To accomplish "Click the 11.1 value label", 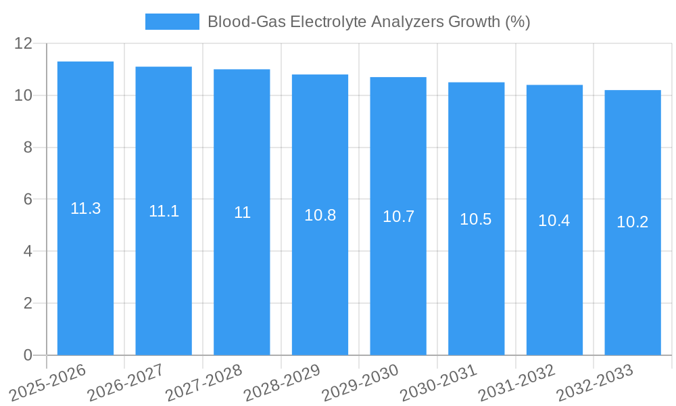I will (164, 211).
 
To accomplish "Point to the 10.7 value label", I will (398, 217).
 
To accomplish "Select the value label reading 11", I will (242, 212).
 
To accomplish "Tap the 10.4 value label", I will (554, 221).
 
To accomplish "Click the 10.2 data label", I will (632, 222).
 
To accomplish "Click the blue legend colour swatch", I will (172, 22).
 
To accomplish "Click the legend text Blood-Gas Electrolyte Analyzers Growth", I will (368, 22).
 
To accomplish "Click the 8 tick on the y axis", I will (28, 148).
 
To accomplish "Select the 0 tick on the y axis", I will (28, 355).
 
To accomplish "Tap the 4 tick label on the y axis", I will (28, 251).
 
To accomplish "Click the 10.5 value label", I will (476, 219).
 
